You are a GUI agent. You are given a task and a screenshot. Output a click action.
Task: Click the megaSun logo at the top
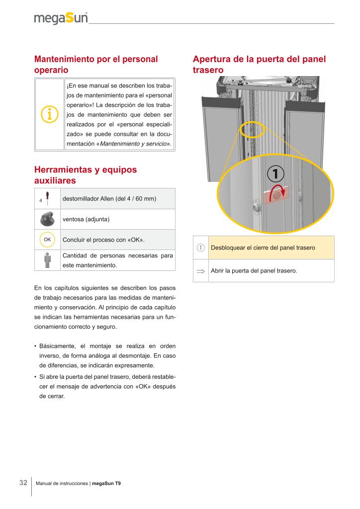[x=61, y=19]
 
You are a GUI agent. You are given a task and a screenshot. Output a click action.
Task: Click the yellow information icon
[x=49, y=114]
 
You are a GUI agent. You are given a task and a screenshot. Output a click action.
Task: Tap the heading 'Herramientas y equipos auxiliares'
[x=86, y=174]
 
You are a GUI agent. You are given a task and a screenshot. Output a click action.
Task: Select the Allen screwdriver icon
[x=47, y=199]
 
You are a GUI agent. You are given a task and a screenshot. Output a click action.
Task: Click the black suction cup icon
[x=47, y=219]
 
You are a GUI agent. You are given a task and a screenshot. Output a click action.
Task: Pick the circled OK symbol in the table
[x=47, y=240]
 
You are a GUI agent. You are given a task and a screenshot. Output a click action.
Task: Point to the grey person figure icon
[x=47, y=260]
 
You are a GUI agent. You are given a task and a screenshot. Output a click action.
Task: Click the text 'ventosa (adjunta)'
[x=86, y=219]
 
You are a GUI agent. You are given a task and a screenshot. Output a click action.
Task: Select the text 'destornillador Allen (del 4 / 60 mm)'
[x=109, y=199]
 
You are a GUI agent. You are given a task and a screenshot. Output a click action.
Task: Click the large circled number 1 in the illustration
[x=276, y=173]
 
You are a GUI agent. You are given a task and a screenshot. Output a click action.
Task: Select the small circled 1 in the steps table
[x=200, y=248]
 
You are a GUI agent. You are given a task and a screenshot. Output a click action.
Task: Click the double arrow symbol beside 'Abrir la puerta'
[x=200, y=271]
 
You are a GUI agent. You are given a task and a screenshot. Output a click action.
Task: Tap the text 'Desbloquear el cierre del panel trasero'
[x=263, y=248]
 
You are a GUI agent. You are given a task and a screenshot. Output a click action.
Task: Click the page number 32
[x=23, y=483]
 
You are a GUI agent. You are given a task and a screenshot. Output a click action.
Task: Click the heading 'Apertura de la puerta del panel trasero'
[x=259, y=65]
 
